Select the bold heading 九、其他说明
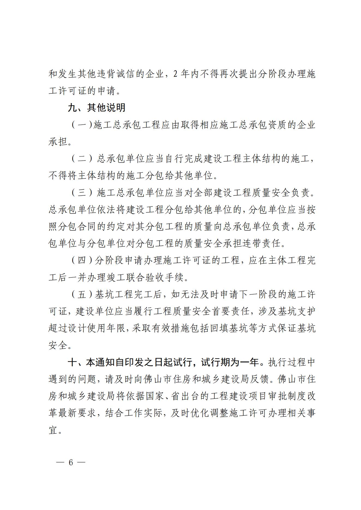tap(97, 108)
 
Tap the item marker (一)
tap(82, 125)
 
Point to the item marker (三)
tap(82, 193)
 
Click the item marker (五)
tap(82, 295)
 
